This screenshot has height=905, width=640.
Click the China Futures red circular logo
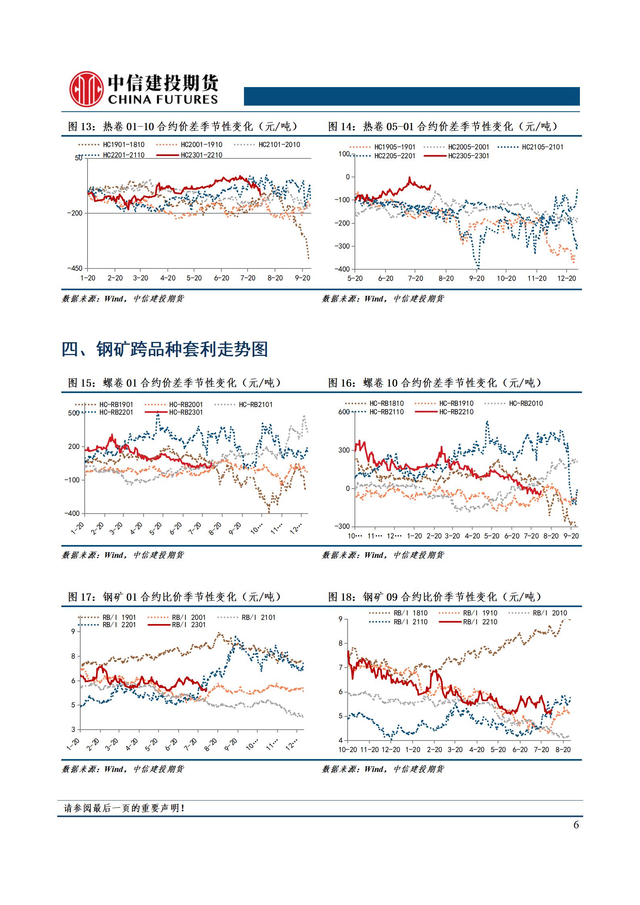[x=85, y=89]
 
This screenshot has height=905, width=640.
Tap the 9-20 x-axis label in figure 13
[x=302, y=278]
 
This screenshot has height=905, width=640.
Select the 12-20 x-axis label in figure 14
[x=566, y=279]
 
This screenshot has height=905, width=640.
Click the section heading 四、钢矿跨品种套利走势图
[x=165, y=349]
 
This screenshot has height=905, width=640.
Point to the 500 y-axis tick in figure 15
[x=74, y=413]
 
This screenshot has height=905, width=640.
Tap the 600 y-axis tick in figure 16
[x=344, y=412]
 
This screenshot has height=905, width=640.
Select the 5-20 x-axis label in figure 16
[x=492, y=536]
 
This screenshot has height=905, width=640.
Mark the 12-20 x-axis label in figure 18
[x=390, y=750]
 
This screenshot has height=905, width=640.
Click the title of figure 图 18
[x=434, y=597]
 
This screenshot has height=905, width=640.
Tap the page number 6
[x=576, y=825]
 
